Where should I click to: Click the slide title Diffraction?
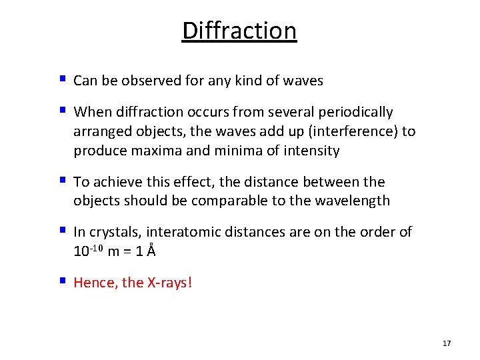239,31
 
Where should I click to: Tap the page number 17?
447,343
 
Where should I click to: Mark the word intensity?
309,151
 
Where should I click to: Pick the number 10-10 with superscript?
87,251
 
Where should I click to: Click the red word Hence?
93,283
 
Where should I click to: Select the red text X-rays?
169,283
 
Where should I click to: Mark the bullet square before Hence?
61,281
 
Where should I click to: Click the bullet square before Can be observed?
61,79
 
